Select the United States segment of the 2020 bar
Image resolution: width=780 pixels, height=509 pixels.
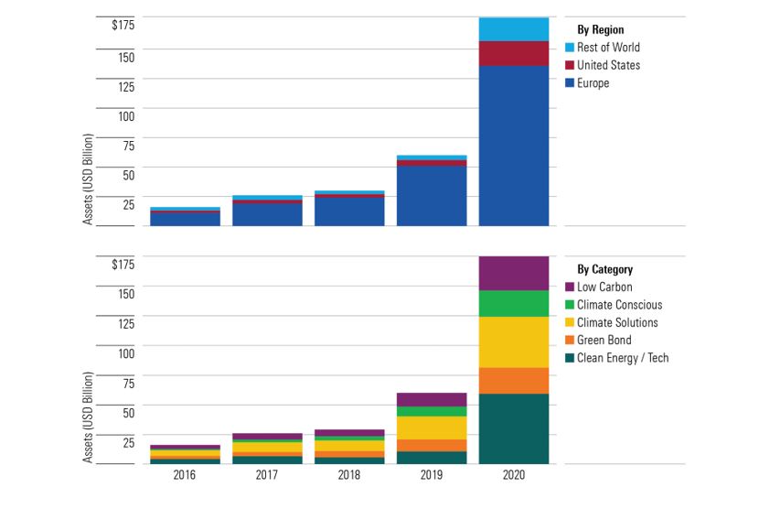pos(514,53)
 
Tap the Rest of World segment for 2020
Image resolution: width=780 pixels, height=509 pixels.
pos(514,28)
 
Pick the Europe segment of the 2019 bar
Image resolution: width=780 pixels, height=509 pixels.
pos(432,195)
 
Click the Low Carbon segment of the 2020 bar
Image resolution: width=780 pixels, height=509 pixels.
pos(514,273)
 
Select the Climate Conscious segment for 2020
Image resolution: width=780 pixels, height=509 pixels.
pos(514,303)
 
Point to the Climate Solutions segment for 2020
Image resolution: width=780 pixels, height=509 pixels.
pos(514,341)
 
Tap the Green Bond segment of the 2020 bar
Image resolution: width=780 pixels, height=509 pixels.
pos(514,380)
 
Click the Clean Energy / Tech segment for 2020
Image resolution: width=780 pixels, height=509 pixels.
pos(514,428)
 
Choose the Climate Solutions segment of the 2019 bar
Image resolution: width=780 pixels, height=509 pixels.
pos(432,428)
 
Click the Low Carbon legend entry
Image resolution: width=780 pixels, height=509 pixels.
pos(604,287)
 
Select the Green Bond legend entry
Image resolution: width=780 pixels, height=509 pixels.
pos(604,340)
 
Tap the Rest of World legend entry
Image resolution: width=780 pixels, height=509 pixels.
pos(608,48)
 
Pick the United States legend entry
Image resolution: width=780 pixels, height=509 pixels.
pos(608,65)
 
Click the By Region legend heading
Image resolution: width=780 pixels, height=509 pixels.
pos(601,30)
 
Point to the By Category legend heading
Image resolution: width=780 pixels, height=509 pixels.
pos(604,270)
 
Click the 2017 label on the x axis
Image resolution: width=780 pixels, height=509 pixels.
pos(267,476)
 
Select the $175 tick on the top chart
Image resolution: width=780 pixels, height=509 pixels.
pos(123,24)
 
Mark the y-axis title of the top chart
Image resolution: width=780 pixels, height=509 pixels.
pos(89,179)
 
